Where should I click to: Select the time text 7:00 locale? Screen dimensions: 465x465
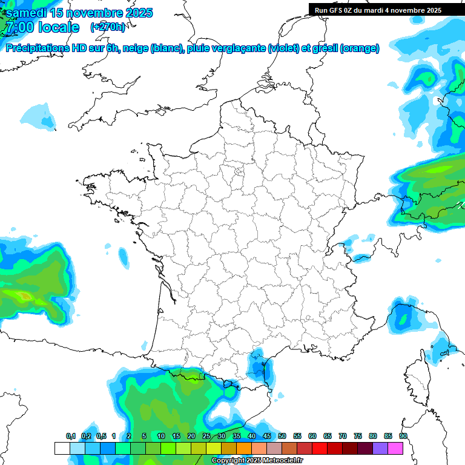tap(42, 27)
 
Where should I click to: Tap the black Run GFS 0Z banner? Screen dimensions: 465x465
tap(378, 10)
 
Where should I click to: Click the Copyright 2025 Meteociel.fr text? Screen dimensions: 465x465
tap(257, 461)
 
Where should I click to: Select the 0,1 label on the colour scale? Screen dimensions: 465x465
tap(71, 437)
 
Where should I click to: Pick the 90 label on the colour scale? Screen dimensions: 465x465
tap(403, 437)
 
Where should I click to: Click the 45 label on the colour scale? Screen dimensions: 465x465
tap(267, 437)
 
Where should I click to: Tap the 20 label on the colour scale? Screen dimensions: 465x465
tap(191, 437)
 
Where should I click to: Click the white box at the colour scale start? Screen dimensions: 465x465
tap(62, 448)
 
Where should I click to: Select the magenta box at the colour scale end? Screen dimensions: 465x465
tap(395, 448)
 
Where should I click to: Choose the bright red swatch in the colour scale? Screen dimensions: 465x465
tap(320, 448)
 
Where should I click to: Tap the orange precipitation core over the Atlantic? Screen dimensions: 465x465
tap(24, 296)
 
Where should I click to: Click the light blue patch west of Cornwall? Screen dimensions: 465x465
tap(40, 116)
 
